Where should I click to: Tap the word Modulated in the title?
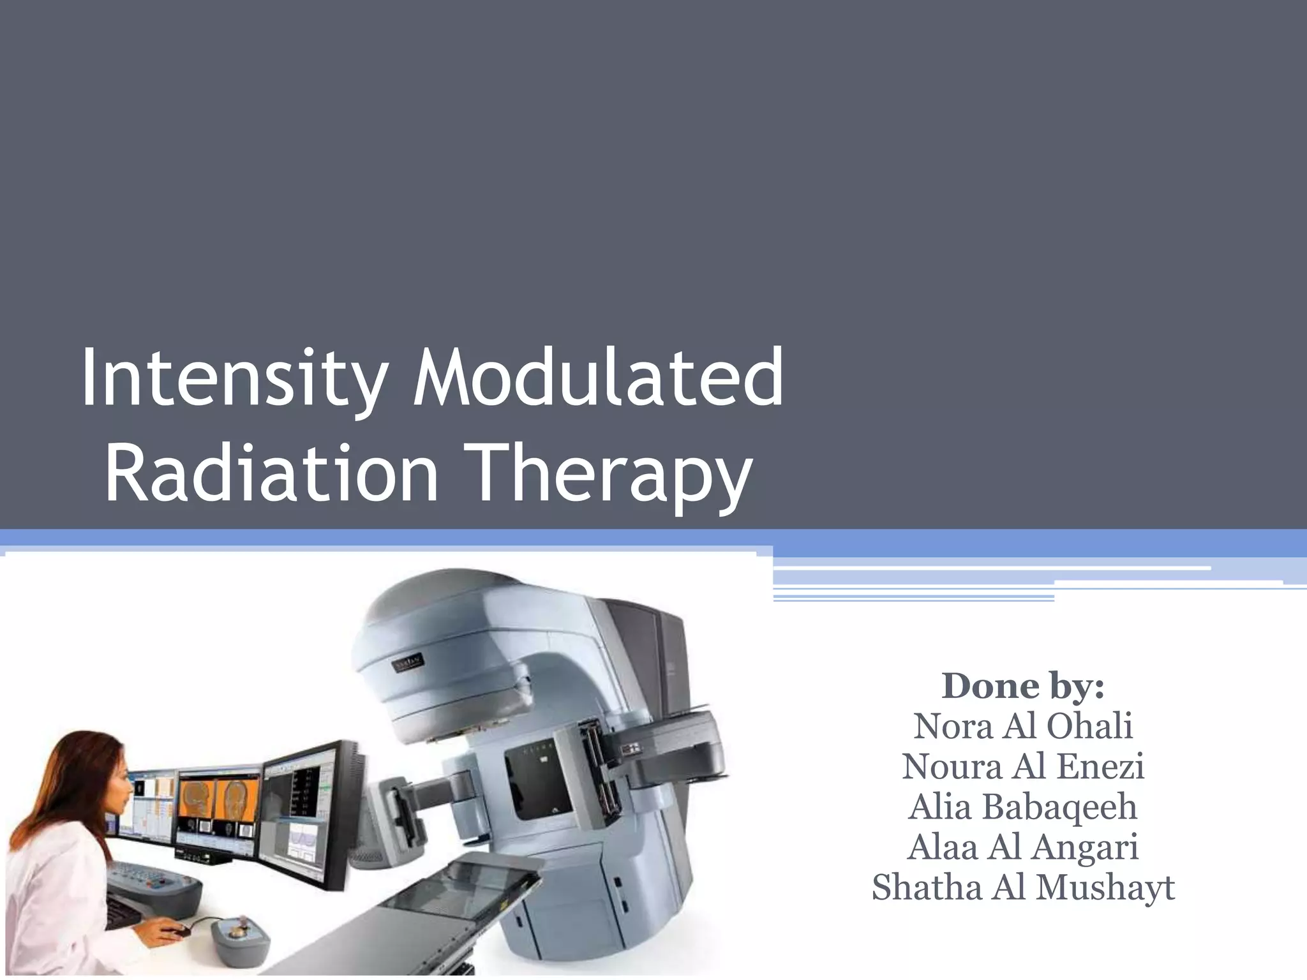tap(598, 378)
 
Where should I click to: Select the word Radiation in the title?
tap(271, 473)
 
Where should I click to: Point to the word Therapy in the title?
tap(608, 473)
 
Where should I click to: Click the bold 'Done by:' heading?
tap(1023, 686)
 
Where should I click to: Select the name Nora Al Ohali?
tap(1023, 726)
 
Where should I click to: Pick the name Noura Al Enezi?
tap(1023, 766)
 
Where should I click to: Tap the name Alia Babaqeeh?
tap(1023, 806)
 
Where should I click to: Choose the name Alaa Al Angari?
tap(1023, 847)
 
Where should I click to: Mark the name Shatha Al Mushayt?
tap(1023, 887)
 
